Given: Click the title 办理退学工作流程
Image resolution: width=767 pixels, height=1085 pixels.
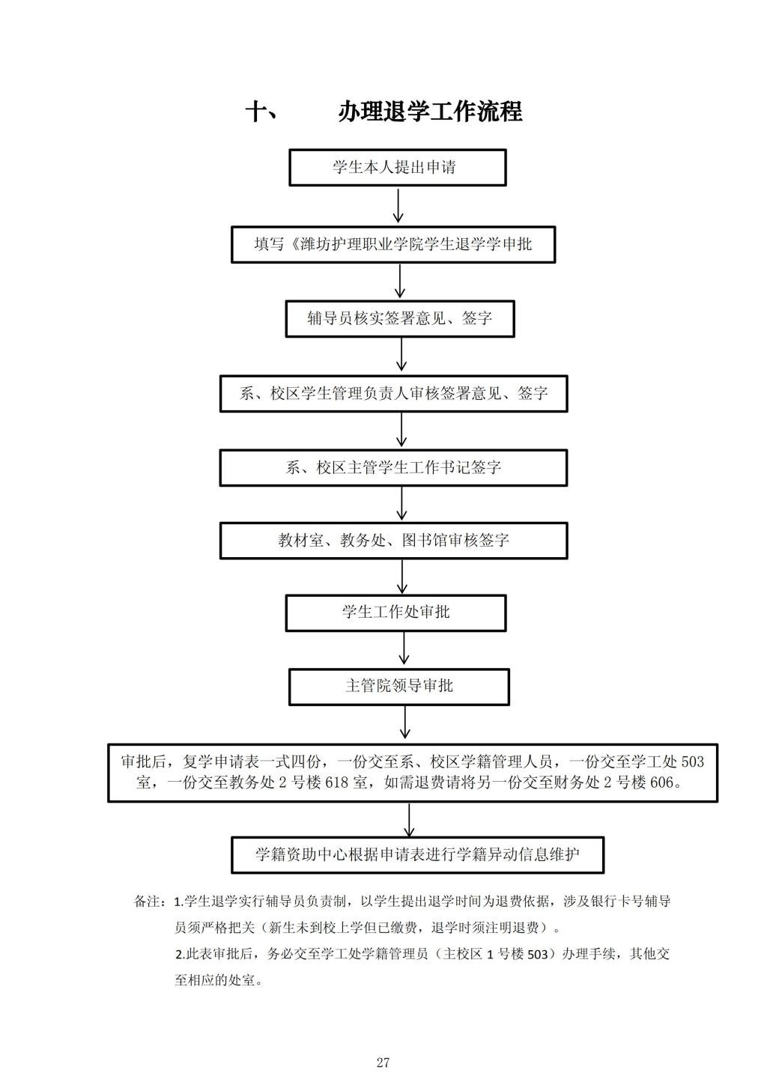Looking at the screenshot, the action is click(430, 112).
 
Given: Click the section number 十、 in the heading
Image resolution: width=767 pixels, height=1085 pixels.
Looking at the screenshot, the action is click(261, 112).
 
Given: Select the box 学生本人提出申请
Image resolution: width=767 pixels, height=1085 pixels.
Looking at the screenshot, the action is click(397, 168).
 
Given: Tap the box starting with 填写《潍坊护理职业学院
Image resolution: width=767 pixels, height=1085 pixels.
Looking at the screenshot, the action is click(393, 245).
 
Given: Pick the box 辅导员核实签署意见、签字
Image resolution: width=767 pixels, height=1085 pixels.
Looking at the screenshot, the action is click(400, 319).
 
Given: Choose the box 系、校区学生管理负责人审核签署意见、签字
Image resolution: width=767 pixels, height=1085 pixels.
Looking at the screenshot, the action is click(393, 393).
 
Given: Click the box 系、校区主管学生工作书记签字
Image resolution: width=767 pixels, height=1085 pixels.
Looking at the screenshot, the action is click(393, 468).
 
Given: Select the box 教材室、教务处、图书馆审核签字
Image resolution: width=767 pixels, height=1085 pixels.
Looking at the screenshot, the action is click(393, 541).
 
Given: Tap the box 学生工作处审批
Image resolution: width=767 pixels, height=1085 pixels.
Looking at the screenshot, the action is click(395, 613).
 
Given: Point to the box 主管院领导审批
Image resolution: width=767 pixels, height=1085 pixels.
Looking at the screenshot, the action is click(399, 687).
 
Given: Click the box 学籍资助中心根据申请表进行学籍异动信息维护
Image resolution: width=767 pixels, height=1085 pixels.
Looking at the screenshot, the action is click(418, 855).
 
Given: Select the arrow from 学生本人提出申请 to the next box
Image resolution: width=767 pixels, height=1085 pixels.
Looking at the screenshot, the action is click(398, 206).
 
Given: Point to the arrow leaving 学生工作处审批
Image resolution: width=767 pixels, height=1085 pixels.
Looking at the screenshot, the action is click(404, 648).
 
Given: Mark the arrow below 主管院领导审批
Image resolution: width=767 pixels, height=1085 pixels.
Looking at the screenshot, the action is click(405, 722).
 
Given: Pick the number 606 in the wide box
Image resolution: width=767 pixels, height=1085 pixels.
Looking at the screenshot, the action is click(662, 782).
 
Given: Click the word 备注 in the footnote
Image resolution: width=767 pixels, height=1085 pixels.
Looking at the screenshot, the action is click(147, 902).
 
